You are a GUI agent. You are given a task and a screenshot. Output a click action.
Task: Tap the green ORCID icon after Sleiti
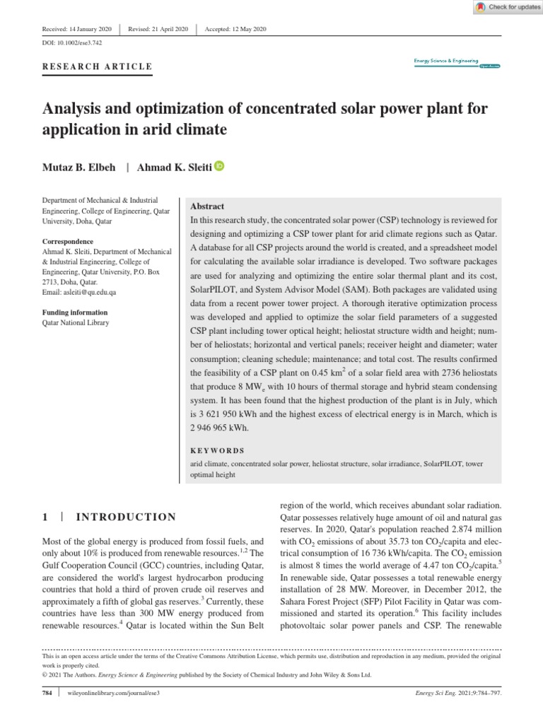pyautogui.click(x=218, y=166)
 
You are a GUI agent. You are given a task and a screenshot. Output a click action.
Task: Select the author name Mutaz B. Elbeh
pyautogui.click(x=78, y=168)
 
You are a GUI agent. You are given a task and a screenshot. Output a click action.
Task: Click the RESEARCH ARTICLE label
pyautogui.click(x=98, y=67)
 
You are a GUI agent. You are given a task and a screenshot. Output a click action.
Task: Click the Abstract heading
pyautogui.click(x=207, y=206)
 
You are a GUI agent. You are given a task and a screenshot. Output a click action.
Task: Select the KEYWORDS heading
pyautogui.click(x=217, y=450)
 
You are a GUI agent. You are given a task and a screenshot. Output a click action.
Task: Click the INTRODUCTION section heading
pyautogui.click(x=125, y=517)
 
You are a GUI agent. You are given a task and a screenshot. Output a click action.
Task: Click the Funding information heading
pyautogui.click(x=75, y=313)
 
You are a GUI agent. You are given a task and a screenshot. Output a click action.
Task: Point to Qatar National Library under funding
pyautogui.click(x=76, y=322)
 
